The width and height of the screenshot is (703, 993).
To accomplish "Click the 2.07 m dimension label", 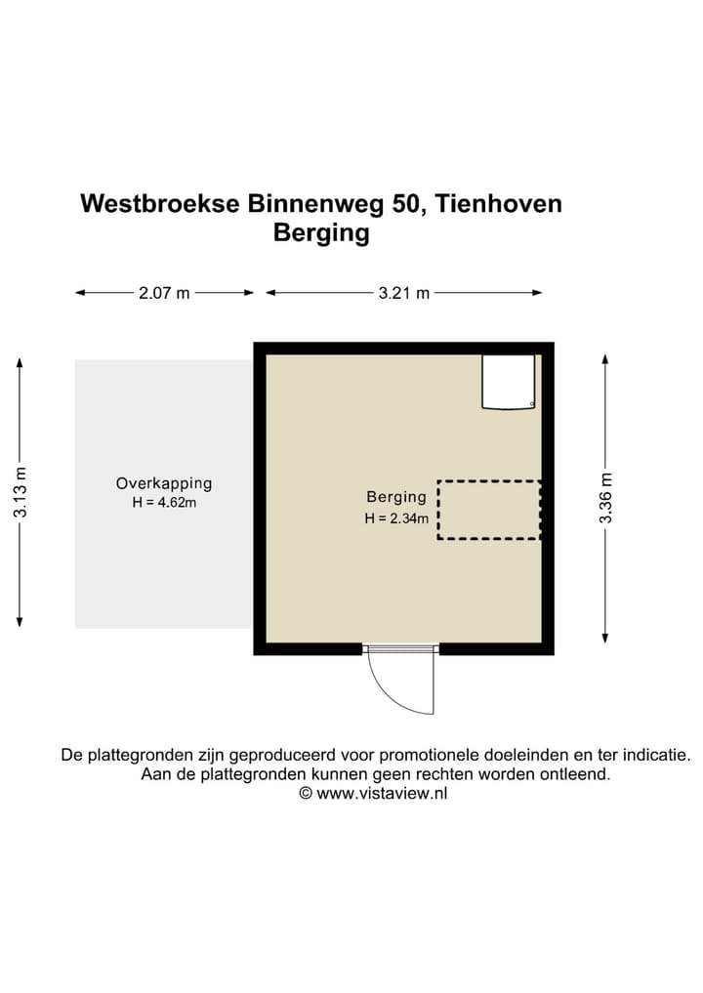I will tap(164, 293).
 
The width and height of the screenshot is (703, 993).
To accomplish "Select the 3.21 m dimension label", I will tap(403, 293).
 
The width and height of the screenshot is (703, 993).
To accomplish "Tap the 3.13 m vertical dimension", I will tap(21, 493).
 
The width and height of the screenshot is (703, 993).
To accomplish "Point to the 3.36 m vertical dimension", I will tap(605, 498).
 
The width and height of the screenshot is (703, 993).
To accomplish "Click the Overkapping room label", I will tap(164, 483).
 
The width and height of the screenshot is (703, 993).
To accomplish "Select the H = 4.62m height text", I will tap(164, 503).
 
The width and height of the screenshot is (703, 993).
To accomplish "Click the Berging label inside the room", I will tap(396, 497).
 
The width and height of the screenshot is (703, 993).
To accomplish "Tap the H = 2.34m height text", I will tap(396, 518).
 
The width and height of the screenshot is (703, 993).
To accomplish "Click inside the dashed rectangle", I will tap(488, 510).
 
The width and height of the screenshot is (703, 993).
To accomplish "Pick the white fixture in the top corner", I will tap(509, 382).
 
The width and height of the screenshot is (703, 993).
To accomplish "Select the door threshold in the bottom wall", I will tap(400, 648).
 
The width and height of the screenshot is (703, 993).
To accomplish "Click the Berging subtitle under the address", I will tap(321, 233).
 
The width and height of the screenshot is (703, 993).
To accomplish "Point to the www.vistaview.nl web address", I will tap(382, 794).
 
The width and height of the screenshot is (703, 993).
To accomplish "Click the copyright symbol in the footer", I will tap(305, 794).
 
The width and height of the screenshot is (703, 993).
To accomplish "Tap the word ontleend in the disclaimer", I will tap(576, 774).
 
